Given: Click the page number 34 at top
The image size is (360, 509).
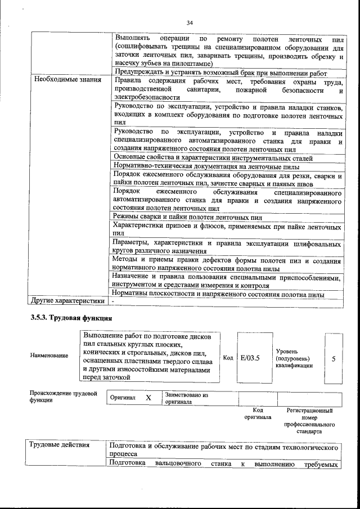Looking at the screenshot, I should [x=190, y=22].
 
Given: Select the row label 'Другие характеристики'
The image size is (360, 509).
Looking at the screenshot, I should [x=68, y=301].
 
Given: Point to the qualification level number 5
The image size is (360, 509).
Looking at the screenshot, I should [x=334, y=358].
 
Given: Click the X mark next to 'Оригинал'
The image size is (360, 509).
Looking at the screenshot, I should [x=148, y=398].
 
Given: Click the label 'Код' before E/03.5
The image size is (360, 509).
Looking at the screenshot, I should [x=228, y=358].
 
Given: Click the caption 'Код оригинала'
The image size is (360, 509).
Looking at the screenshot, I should [x=258, y=414].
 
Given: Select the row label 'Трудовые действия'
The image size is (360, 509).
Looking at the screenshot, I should [x=61, y=445].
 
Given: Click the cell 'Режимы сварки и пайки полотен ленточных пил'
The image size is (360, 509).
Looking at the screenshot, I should [x=188, y=217].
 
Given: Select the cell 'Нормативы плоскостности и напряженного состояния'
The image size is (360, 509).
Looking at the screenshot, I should [x=217, y=294].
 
